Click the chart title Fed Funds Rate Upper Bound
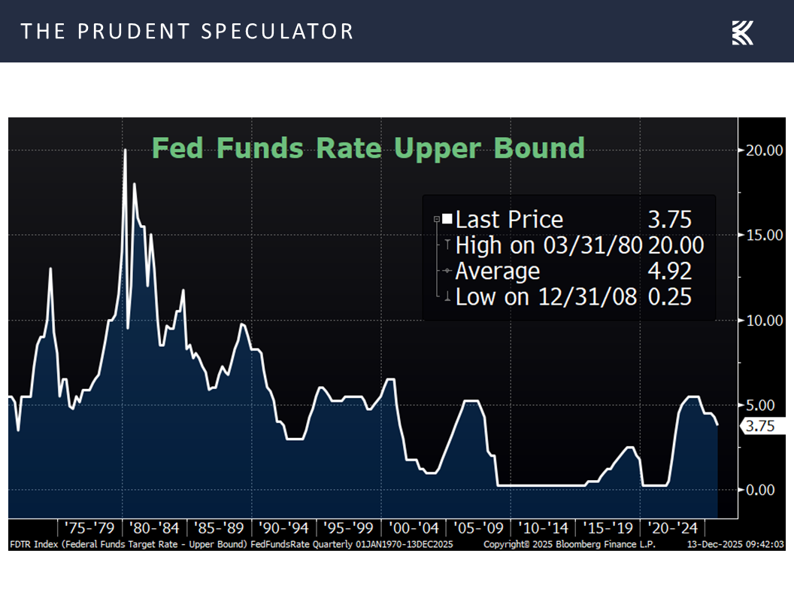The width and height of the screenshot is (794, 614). click(368, 147)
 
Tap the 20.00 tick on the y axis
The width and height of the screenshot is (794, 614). click(765, 150)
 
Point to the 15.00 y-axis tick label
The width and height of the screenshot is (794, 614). click(765, 236)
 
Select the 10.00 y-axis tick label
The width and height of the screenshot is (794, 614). click(765, 321)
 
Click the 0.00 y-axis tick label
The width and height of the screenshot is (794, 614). click(765, 490)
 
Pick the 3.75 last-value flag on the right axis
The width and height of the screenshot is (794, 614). click(758, 426)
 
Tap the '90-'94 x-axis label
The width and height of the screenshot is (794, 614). click(283, 527)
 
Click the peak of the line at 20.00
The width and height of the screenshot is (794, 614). click(125, 150)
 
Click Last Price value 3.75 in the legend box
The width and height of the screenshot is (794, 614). click(669, 220)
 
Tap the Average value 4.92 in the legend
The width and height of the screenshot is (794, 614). click(669, 271)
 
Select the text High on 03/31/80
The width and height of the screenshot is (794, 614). click(547, 245)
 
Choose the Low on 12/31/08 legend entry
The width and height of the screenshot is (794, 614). click(546, 296)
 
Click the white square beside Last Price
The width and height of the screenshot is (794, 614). click(447, 219)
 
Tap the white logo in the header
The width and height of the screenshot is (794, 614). click(742, 32)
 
